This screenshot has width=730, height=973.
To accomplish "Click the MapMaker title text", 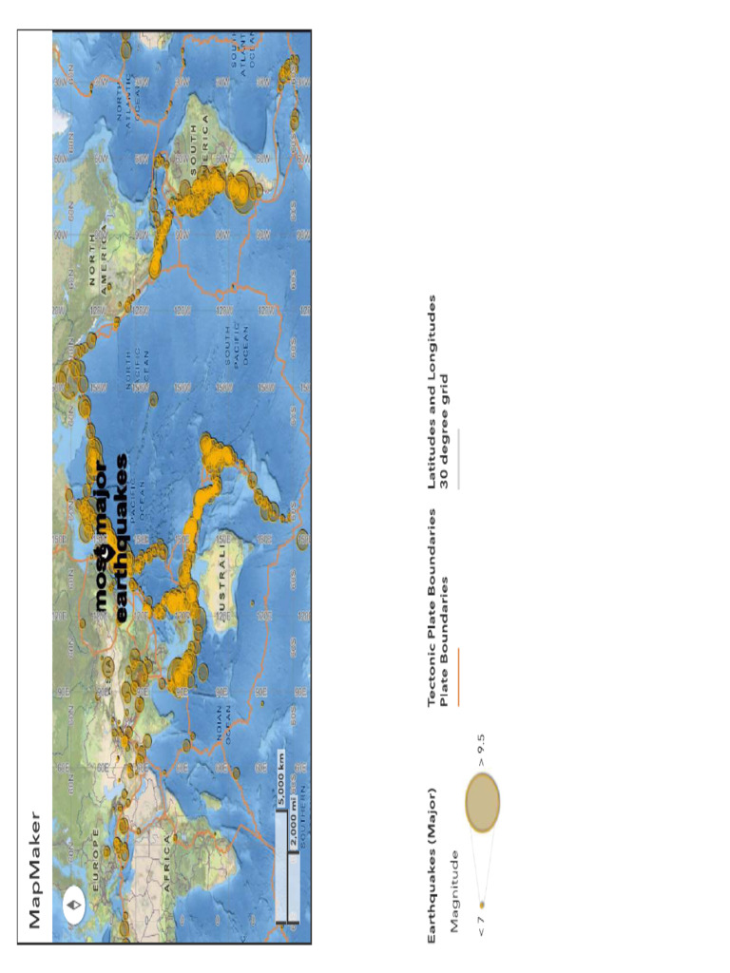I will pos(34,868).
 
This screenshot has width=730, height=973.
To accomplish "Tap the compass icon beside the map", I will pos(74,902).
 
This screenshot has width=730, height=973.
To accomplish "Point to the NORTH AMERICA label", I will pos(99,255).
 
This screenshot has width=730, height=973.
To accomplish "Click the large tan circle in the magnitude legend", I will pos(483,802).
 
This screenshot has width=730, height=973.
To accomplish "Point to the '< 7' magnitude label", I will pos(483,925).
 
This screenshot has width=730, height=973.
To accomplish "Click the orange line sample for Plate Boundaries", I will pos(458,676).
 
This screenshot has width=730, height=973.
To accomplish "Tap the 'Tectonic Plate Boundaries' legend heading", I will pos(433,607).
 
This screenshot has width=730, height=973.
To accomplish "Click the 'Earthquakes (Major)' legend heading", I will pos(433,864).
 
